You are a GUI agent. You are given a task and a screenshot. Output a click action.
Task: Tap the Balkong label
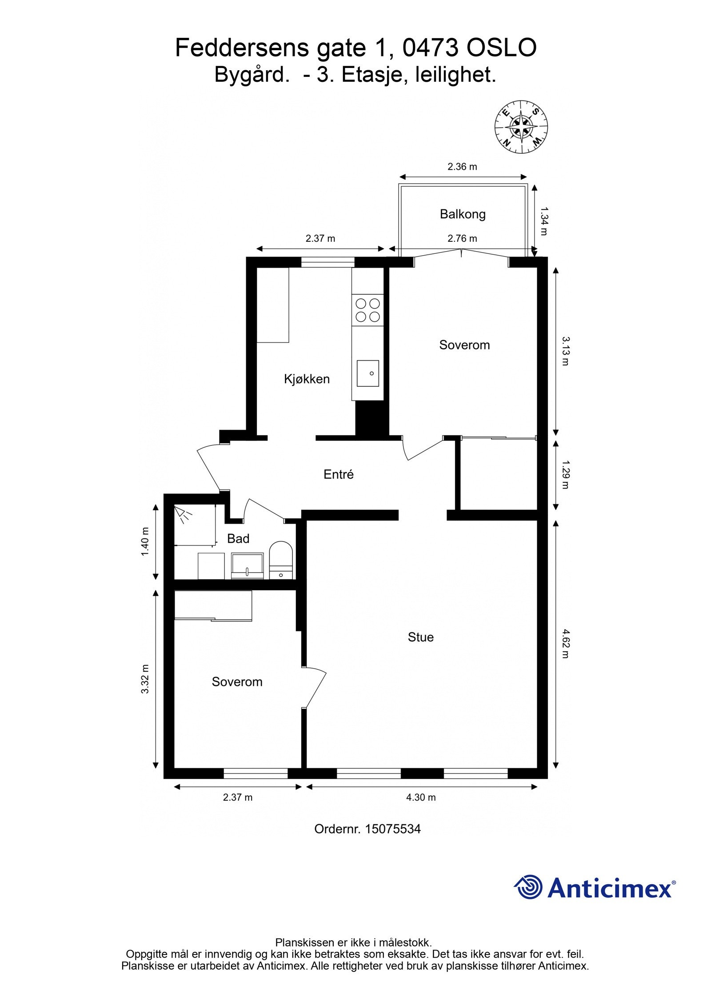tap(462, 214)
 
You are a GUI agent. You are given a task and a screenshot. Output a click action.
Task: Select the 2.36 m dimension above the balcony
tap(462, 167)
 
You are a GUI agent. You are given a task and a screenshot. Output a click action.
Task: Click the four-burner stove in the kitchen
tap(367, 310)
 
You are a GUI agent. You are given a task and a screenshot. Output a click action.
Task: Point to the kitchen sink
tap(367, 373)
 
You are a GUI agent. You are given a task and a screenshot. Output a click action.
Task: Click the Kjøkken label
tap(307, 379)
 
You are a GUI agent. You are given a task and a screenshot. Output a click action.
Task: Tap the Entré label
tap(338, 474)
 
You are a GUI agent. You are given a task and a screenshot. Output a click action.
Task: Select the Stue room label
tap(420, 637)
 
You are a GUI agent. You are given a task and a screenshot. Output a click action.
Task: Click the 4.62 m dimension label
tap(565, 643)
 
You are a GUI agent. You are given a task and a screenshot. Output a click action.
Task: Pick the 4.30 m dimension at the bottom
tap(420, 797)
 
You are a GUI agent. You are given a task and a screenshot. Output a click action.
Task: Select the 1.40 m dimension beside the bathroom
tap(145, 541)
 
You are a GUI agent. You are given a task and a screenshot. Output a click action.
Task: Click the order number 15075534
tap(392, 829)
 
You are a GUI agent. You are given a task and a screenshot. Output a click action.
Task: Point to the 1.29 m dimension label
tap(565, 474)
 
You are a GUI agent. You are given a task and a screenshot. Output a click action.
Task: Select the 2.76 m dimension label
tap(462, 238)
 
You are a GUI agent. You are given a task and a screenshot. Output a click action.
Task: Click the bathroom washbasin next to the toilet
tap(247, 565)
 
